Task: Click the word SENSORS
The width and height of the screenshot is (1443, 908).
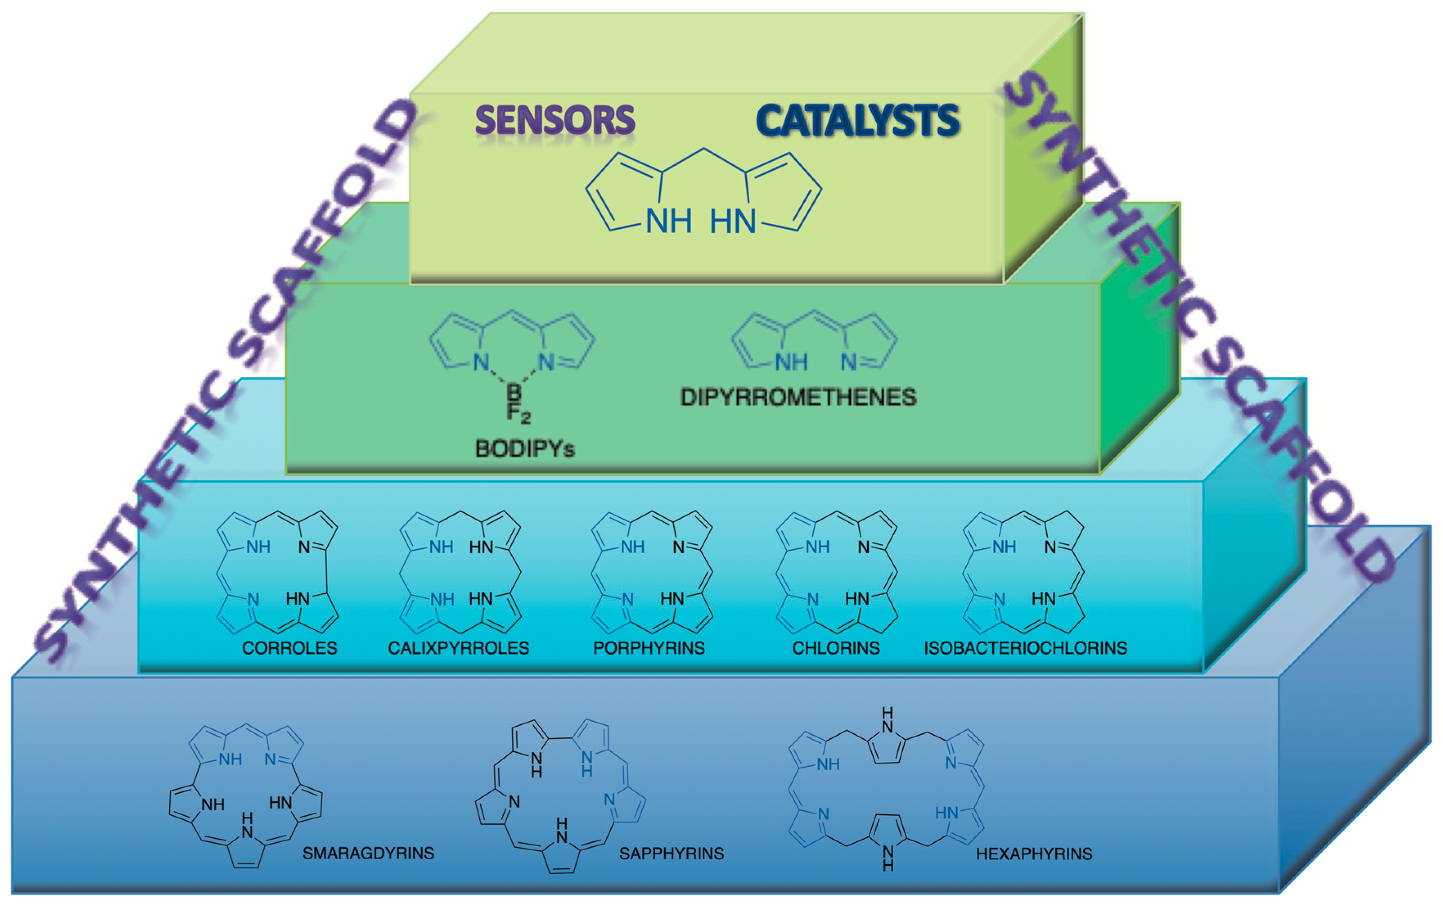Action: (555, 120)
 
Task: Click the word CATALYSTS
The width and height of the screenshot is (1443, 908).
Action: (858, 120)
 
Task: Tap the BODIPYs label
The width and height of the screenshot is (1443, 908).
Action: (525, 449)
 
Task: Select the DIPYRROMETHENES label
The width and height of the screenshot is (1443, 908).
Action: (798, 397)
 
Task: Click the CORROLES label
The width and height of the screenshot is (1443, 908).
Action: (290, 649)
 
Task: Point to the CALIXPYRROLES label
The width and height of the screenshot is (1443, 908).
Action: (459, 649)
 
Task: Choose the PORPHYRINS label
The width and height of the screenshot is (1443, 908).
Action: (649, 649)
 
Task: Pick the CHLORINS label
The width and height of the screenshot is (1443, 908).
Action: (836, 649)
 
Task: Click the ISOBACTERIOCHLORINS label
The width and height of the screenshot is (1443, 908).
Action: (1025, 649)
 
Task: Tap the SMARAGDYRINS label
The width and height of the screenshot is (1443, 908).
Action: (368, 854)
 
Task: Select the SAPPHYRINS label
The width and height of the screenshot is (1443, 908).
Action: (671, 854)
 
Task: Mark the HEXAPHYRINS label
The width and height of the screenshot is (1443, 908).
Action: (1034, 854)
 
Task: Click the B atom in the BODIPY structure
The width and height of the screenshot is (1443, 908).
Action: (514, 392)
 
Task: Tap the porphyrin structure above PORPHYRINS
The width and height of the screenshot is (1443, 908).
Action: (652, 572)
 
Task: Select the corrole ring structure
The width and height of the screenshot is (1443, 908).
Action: (277, 572)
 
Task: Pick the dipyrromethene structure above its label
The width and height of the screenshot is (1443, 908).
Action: (814, 342)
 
